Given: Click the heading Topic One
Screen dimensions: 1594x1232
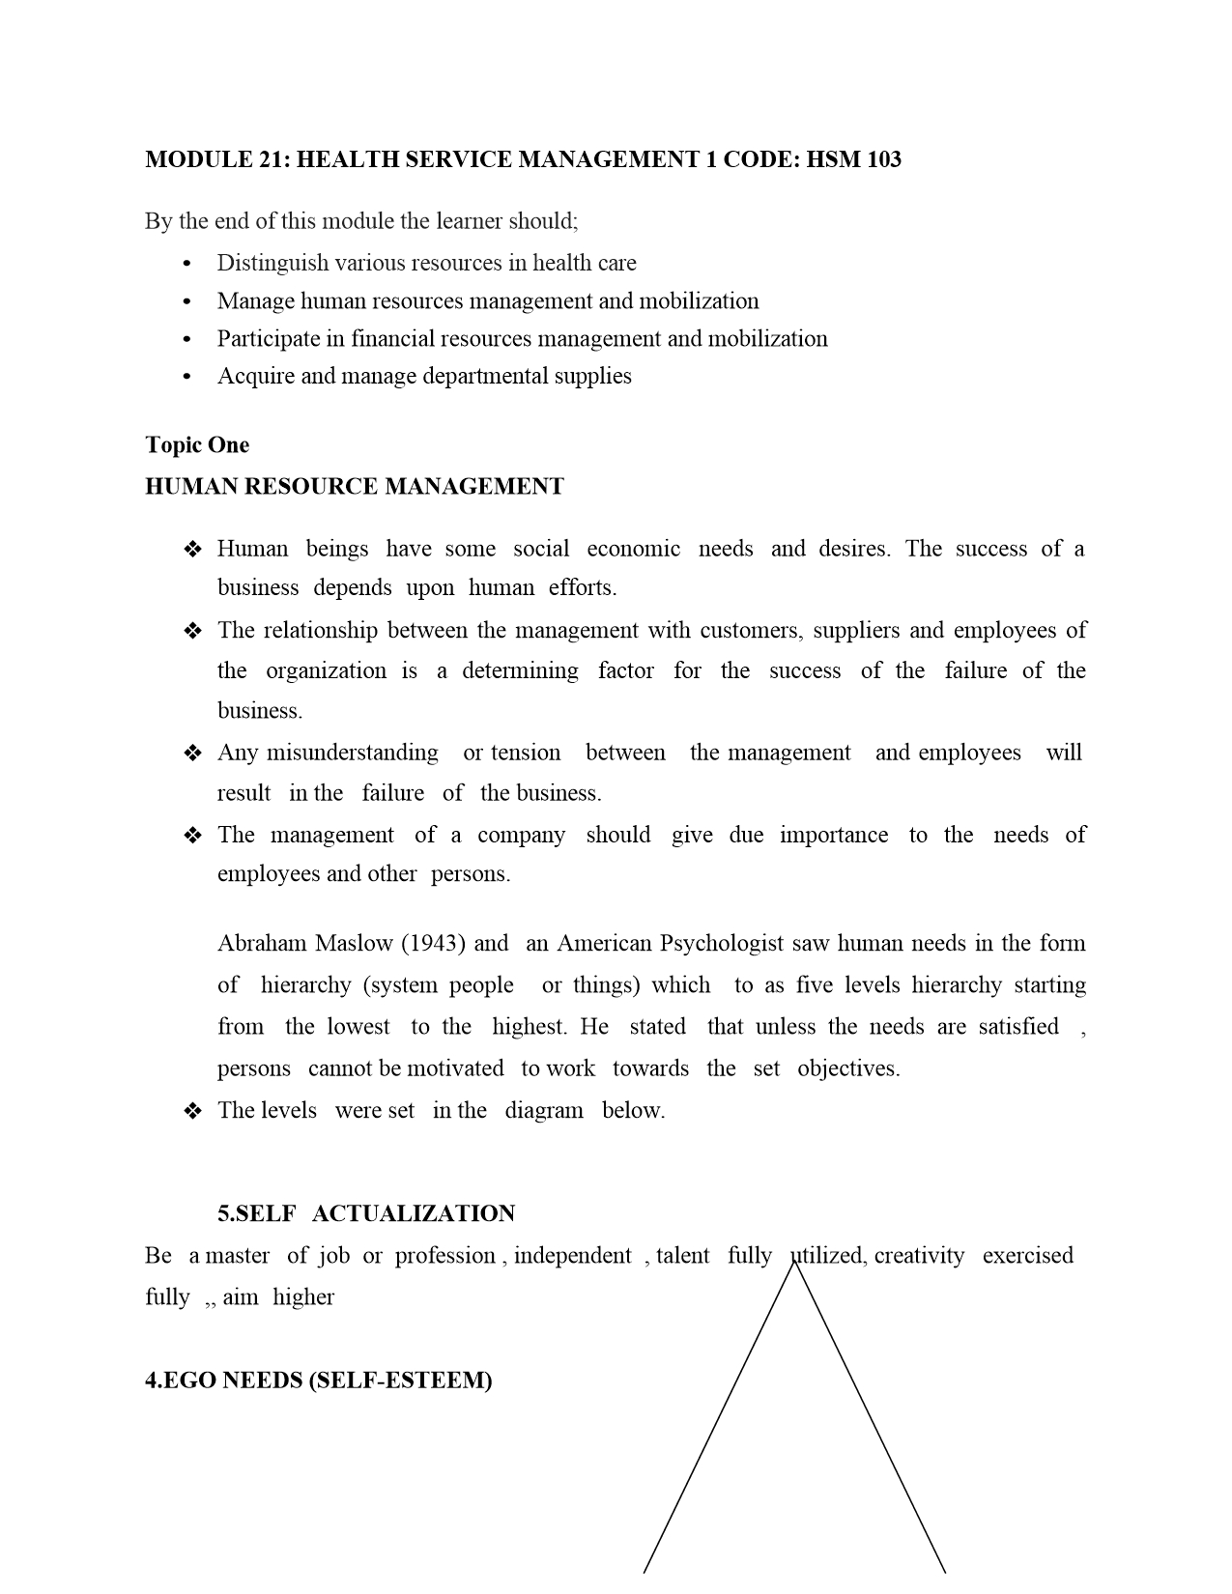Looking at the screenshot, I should pos(197,445).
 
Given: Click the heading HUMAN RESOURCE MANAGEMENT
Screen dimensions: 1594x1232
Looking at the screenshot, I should pos(354,486).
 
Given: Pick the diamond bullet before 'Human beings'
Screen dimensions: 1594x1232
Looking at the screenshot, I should pos(192,551).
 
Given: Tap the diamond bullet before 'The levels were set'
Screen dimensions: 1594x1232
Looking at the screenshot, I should pos(192,1112).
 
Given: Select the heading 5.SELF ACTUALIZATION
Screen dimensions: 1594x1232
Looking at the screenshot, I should pos(366,1214).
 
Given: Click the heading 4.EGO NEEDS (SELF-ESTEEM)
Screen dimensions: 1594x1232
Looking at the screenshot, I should pos(319,1381).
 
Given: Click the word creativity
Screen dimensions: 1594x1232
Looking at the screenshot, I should pos(919,1256).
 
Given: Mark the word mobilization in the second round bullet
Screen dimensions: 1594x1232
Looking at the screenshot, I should pos(704,301).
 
